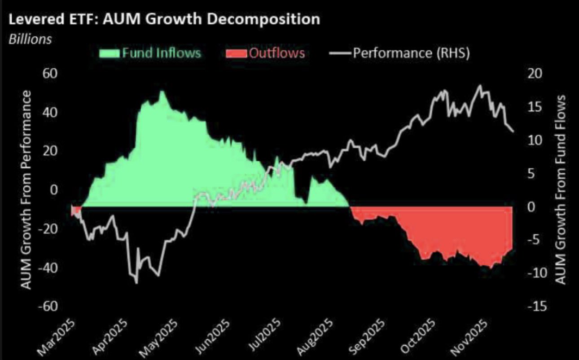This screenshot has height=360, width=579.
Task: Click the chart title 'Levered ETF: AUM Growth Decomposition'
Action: coord(164,19)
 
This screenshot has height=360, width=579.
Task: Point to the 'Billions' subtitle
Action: coord(30,39)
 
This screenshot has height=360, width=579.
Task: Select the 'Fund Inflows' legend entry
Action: coord(150,53)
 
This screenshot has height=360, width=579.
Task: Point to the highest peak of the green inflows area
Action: coord(162,92)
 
